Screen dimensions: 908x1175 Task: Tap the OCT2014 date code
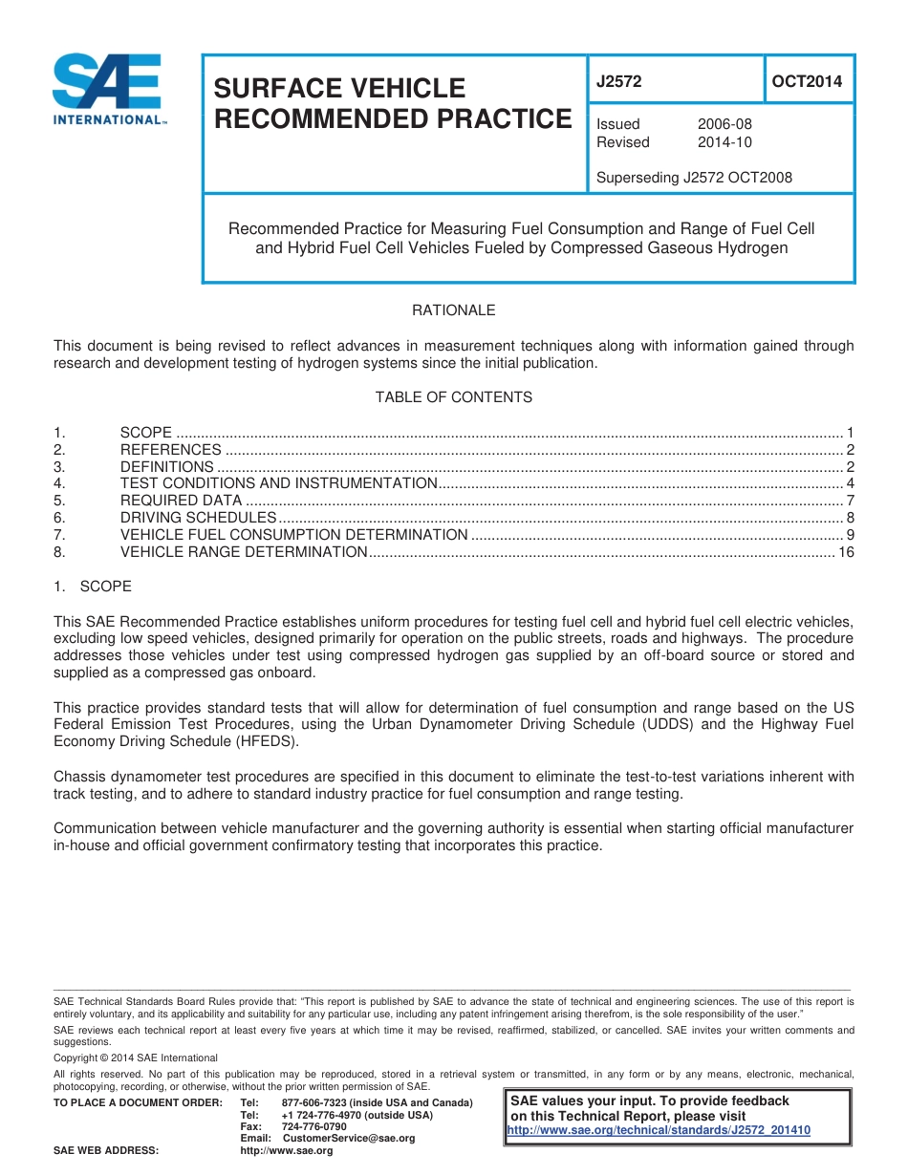point(807,82)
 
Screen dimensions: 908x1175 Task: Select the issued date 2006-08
point(724,124)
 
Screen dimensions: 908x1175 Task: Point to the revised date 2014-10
point(724,142)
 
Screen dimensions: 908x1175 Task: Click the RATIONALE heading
point(453,310)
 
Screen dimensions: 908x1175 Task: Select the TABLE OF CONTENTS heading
point(453,397)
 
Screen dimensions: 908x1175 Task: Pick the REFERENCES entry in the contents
point(170,450)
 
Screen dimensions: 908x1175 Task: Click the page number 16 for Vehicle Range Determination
point(845,552)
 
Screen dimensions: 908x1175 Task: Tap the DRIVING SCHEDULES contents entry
point(191,518)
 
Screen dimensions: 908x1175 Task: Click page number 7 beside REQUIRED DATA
point(850,501)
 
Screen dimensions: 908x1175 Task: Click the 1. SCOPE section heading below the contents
point(93,587)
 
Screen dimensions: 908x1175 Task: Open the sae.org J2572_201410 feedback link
point(659,1130)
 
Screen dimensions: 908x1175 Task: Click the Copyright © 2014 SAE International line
point(136,1057)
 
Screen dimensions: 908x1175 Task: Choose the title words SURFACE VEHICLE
point(338,88)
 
